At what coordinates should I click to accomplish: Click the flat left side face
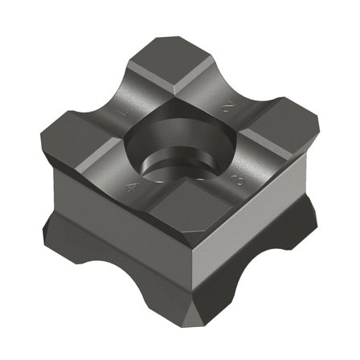pyautogui.click(x=112, y=233)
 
